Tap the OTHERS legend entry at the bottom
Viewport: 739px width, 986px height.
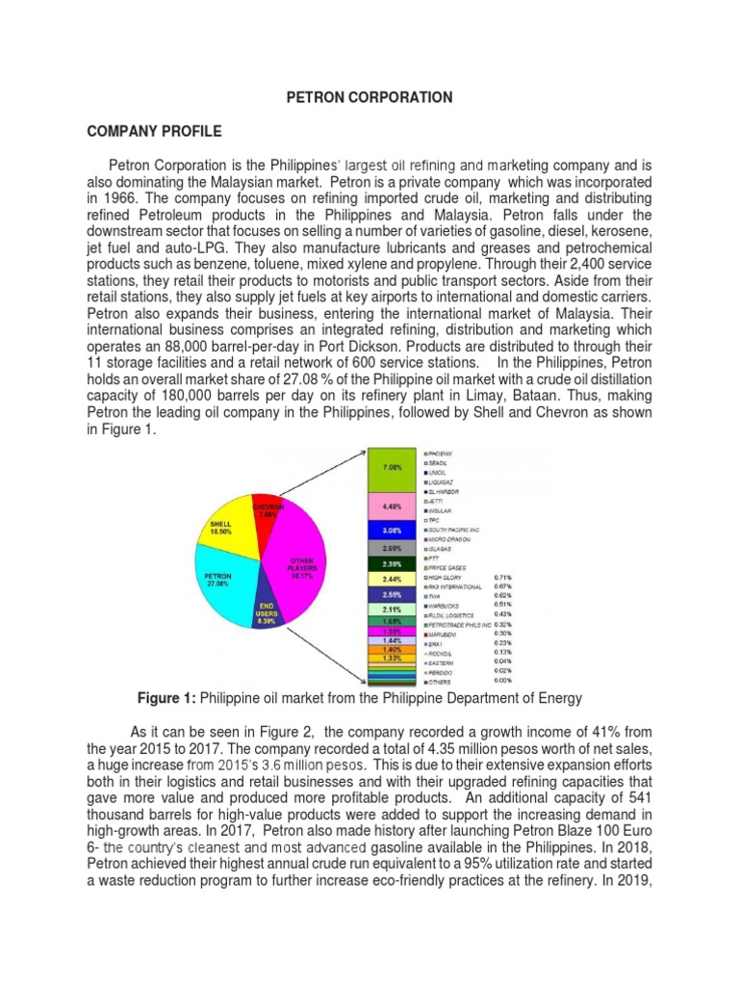pyautogui.click(x=444, y=682)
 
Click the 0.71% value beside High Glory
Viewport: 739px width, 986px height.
pyautogui.click(x=502, y=577)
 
